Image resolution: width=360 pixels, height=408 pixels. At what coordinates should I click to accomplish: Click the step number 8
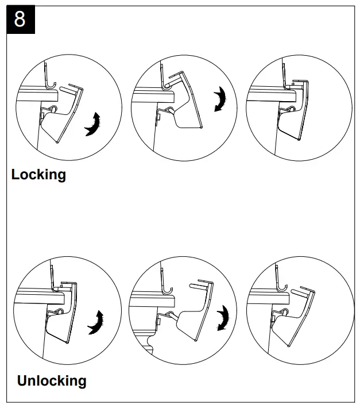(x=20, y=19)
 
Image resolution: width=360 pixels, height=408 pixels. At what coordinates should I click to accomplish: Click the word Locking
(x=38, y=174)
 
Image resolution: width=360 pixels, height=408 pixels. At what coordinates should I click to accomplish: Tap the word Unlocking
(x=52, y=380)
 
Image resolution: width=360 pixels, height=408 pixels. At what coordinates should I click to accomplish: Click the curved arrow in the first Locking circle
(x=92, y=124)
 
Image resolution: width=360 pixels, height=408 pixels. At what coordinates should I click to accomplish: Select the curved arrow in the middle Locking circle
(x=220, y=99)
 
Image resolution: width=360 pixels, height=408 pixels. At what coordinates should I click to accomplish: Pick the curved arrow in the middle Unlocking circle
(x=221, y=318)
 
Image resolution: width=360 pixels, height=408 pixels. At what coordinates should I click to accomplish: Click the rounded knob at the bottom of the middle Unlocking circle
(x=150, y=344)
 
